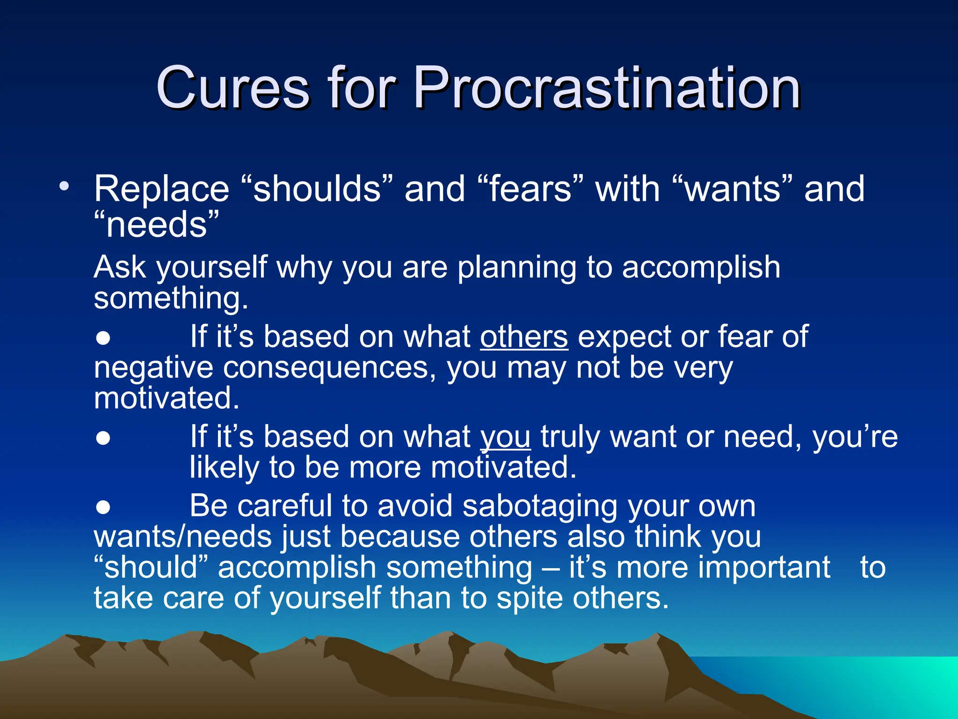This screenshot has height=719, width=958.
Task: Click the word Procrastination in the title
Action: tap(607, 88)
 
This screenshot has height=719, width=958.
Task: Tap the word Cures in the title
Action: tap(232, 88)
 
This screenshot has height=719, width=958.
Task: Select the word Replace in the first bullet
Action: tap(162, 189)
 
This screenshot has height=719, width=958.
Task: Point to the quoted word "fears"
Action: tap(531, 189)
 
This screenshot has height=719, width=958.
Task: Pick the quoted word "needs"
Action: tap(156, 225)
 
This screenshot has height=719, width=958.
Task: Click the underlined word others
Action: tap(524, 337)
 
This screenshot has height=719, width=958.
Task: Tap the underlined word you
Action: tap(506, 437)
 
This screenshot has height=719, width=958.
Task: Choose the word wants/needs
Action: tap(183, 537)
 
